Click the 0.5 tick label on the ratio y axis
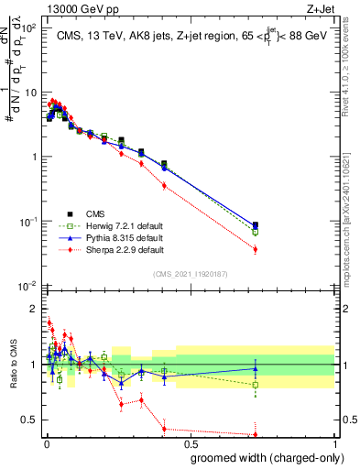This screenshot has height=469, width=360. pyautogui.click(x=32, y=420)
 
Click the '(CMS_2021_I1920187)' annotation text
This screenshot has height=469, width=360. pyautogui.click(x=190, y=273)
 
